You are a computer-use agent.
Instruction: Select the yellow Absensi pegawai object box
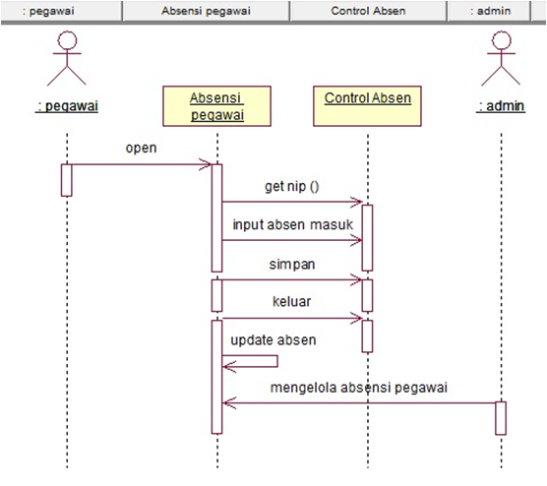(216, 106)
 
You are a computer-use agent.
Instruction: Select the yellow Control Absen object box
(367, 106)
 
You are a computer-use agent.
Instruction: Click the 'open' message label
(141, 148)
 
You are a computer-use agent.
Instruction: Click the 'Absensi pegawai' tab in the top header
(207, 11)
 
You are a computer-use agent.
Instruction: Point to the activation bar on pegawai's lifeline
(67, 179)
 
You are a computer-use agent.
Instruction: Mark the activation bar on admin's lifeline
(500, 417)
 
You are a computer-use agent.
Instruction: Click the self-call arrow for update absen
(251, 362)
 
